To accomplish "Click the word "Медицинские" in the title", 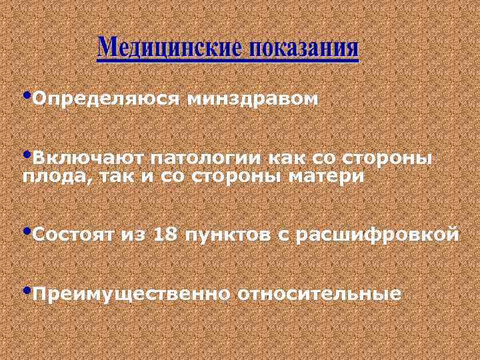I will click(169, 49).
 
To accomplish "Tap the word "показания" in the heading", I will click(304, 49).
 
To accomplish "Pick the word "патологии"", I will click(206, 159).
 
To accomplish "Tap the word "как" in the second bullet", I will click(285, 159).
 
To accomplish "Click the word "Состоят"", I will click(73, 235).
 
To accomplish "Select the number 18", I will click(165, 235).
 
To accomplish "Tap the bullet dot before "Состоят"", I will click(27, 230).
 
